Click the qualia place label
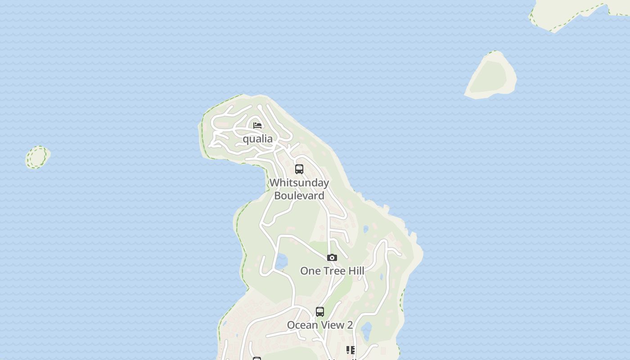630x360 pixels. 258,139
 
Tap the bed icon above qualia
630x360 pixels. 257,125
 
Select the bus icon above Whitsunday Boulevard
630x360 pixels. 299,169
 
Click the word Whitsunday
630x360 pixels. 299,183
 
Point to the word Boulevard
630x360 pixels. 299,196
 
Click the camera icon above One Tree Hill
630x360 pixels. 332,258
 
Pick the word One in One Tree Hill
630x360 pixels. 310,271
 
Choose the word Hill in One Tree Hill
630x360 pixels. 355,271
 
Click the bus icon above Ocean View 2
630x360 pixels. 320,311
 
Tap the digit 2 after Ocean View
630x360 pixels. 349,325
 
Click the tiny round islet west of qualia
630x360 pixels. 37,157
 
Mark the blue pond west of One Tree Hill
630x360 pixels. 282,260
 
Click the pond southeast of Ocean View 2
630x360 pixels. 367,331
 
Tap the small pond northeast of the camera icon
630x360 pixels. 366,229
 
